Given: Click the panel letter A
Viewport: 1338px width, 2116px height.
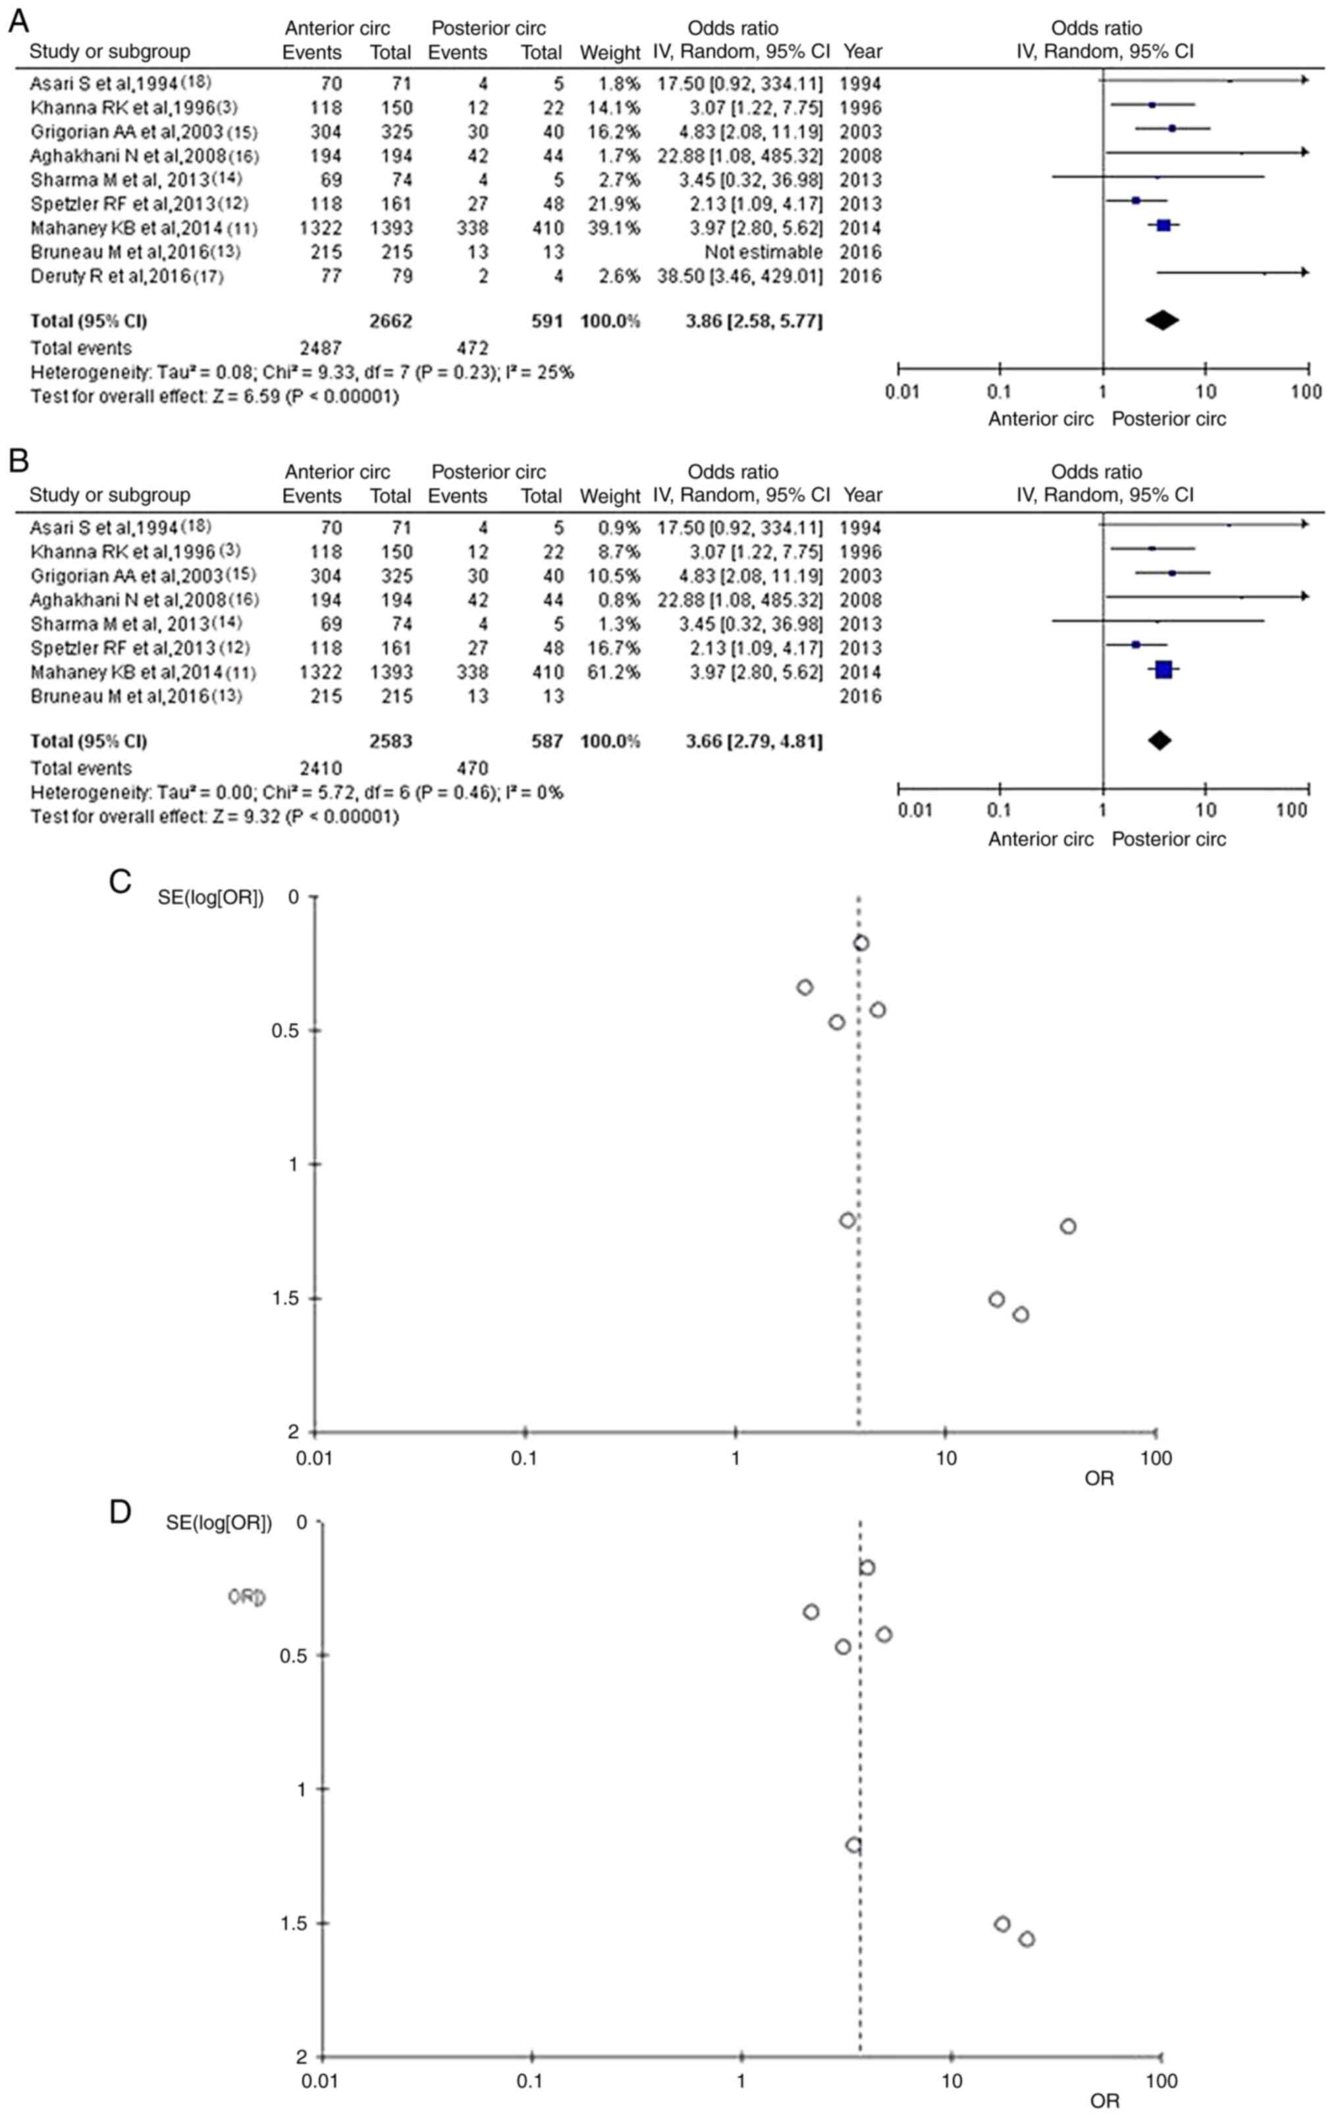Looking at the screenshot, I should point(18,20).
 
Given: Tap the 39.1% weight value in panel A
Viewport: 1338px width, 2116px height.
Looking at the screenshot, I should point(610,228).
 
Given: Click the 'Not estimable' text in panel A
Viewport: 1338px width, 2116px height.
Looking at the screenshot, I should point(763,252).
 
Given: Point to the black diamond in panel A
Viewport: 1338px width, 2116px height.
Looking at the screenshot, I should point(1162,321).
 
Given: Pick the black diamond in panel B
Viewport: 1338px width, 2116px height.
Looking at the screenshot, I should point(1160,741).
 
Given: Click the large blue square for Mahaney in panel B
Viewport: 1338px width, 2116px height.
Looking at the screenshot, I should point(1163,670).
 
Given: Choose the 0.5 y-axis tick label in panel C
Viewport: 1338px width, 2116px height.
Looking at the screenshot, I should point(286,1031).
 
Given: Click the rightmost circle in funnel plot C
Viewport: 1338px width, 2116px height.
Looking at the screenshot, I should point(1067,1226).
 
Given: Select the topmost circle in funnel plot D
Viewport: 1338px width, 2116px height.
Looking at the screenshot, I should point(867,1567).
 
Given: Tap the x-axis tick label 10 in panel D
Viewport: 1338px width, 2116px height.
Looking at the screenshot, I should point(951,2081).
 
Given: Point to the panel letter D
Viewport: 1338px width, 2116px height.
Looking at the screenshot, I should point(120,1511).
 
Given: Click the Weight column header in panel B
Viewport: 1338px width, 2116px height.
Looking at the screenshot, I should point(610,496).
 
